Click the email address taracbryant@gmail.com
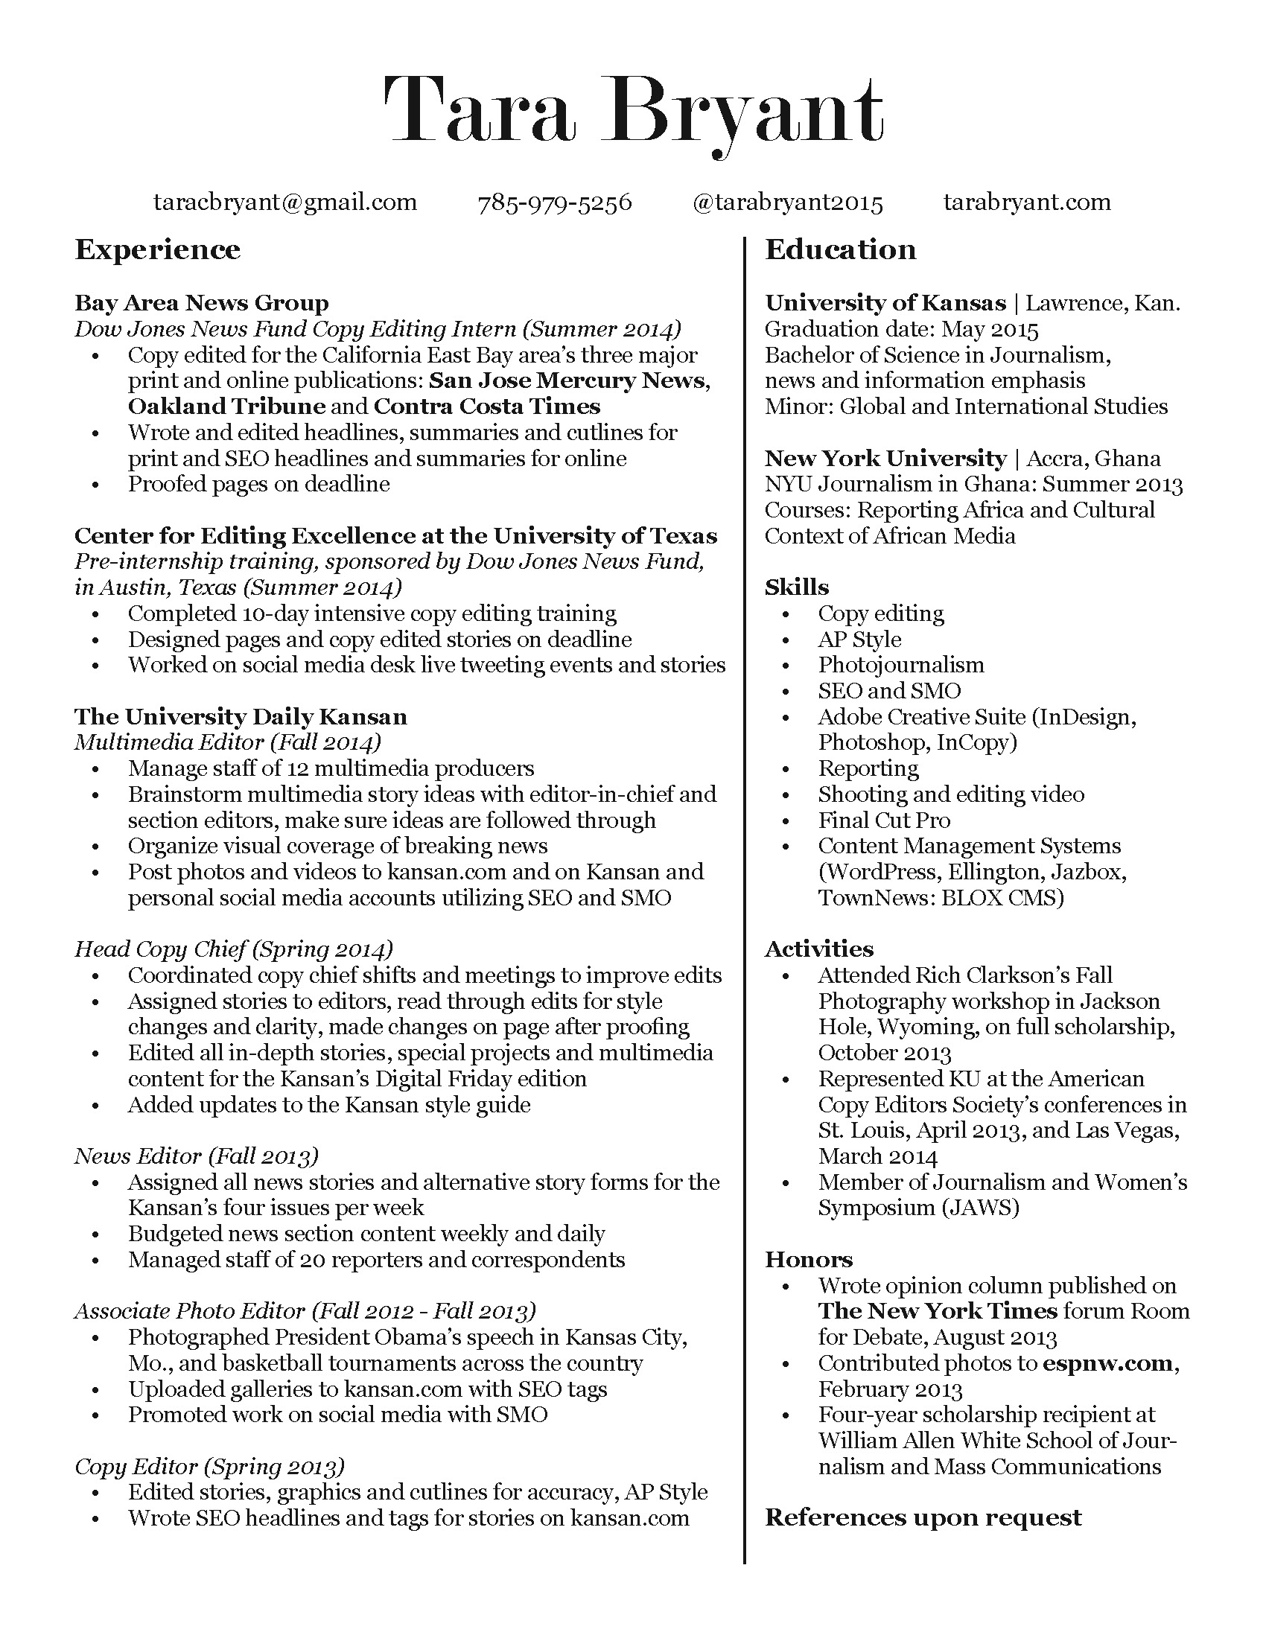(285, 203)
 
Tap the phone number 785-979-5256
(555, 203)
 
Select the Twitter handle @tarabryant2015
(787, 203)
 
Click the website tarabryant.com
(1027, 203)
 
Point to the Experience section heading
(157, 249)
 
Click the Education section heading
(840, 249)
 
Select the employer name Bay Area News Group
(202, 303)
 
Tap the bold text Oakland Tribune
(226, 407)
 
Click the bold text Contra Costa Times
(487, 407)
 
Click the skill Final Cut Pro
(883, 820)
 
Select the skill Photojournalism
(901, 665)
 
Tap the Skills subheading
(797, 587)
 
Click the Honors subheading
(809, 1259)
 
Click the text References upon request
(923, 1517)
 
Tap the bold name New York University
(885, 458)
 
